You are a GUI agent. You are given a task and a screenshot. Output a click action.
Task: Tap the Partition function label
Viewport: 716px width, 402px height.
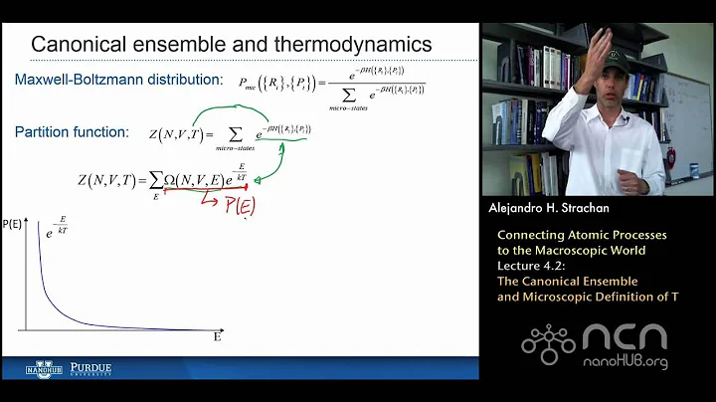[72, 131]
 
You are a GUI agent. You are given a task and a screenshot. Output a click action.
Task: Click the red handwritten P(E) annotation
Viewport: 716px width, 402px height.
[232, 206]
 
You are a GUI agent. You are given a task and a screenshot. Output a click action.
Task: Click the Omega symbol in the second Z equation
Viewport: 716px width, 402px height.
[171, 180]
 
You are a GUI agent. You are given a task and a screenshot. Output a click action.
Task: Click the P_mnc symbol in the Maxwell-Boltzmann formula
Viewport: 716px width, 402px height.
[251, 86]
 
